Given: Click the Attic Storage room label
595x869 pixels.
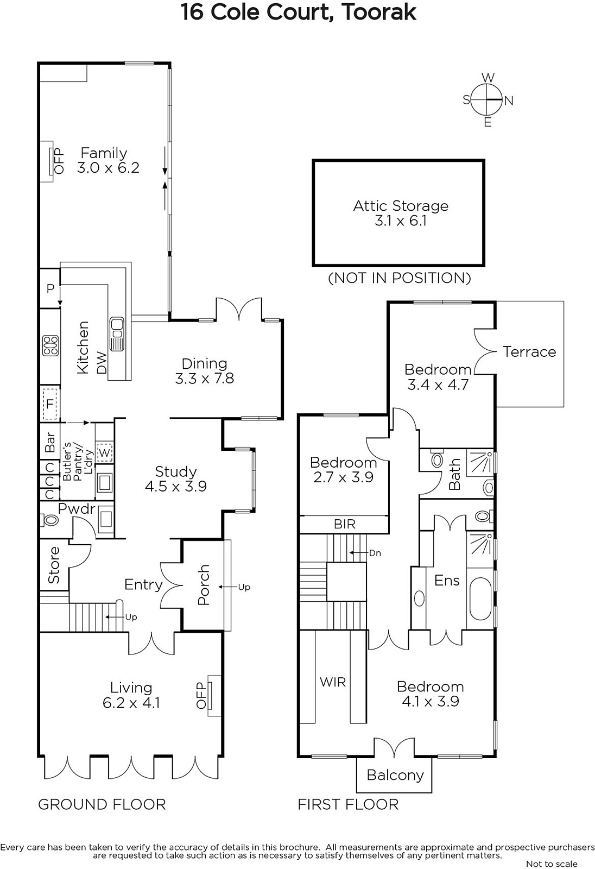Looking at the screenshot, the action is point(400,206).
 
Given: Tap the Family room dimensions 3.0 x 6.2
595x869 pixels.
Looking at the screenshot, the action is point(108,168).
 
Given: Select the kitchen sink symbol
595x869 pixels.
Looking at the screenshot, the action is point(117,334).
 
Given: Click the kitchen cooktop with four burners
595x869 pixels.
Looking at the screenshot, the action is point(50,345).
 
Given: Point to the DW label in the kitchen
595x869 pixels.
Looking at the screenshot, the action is point(101,362).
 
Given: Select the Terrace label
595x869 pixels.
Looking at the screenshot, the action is point(529,351).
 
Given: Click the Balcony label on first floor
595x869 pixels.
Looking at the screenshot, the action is point(395,775).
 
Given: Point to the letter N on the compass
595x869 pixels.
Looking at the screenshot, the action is point(509,101).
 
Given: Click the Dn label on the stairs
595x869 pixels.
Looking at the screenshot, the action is point(375,553).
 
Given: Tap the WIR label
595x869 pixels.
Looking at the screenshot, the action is point(332,682).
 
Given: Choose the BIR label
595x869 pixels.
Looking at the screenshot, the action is point(344,524).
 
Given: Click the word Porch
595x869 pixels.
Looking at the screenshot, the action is point(204,584).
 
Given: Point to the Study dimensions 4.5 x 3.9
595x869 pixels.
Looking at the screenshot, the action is point(176,486).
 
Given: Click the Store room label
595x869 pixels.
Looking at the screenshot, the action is point(54,565).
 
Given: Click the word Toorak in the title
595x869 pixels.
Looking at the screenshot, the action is point(379,12).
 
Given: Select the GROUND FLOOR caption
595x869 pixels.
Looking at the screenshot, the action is point(102,804).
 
